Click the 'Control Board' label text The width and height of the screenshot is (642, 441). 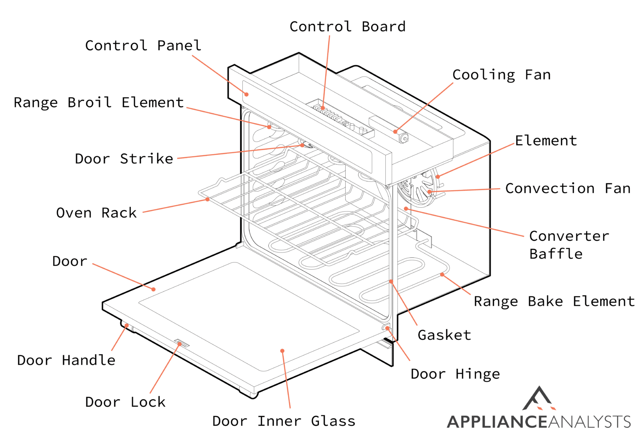(347, 27)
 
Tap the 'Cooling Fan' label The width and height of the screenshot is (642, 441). (501, 75)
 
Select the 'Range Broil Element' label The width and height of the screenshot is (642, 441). (99, 103)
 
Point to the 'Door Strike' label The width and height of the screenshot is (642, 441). (124, 159)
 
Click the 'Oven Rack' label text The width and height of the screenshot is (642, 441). (96, 213)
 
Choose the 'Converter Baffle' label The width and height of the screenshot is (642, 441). (568, 245)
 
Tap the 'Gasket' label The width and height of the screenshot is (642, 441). (444, 335)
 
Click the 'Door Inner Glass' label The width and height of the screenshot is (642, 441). (284, 421)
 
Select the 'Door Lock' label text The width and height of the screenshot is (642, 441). (125, 402)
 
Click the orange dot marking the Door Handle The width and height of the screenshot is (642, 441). (127, 325)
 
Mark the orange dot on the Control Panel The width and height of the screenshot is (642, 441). (247, 94)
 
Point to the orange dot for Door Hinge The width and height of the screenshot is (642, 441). (387, 328)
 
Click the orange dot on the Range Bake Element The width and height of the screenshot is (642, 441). (442, 275)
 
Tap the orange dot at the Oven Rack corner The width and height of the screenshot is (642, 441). (207, 199)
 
